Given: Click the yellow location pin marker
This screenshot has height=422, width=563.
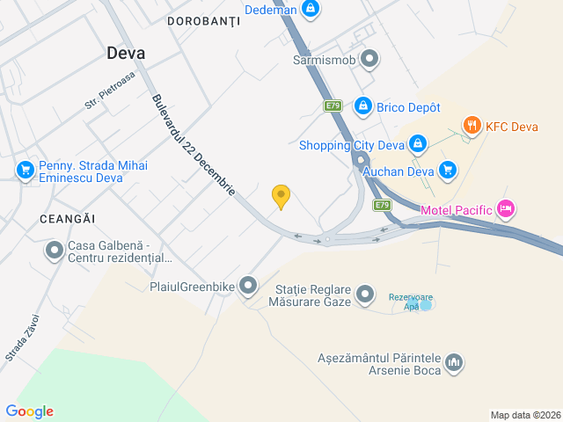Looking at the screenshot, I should click(281, 197).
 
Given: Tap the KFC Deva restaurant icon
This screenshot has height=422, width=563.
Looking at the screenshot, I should click(472, 125).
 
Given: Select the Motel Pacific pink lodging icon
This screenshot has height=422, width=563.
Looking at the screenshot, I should click(505, 209).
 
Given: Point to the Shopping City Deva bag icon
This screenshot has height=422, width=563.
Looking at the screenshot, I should click(418, 142).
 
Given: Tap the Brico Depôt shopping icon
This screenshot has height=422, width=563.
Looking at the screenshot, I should click(362, 106).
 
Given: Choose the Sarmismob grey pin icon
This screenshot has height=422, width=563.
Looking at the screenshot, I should click(370, 60).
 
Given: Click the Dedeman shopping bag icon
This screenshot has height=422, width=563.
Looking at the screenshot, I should click(310, 9).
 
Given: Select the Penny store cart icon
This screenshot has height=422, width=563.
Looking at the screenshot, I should click(24, 170).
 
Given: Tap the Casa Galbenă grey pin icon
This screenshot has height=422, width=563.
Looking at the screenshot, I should click(54, 251).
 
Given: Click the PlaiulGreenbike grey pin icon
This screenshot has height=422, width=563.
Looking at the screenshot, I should click(249, 285).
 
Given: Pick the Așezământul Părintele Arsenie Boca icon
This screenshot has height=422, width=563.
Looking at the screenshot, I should click(454, 361).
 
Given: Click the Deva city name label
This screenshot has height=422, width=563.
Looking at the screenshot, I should click(126, 53).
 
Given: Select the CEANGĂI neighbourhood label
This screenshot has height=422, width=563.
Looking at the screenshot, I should click(66, 217).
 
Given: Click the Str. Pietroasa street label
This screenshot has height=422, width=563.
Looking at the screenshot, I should click(110, 91).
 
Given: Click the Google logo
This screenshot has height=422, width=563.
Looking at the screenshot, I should click(29, 411).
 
